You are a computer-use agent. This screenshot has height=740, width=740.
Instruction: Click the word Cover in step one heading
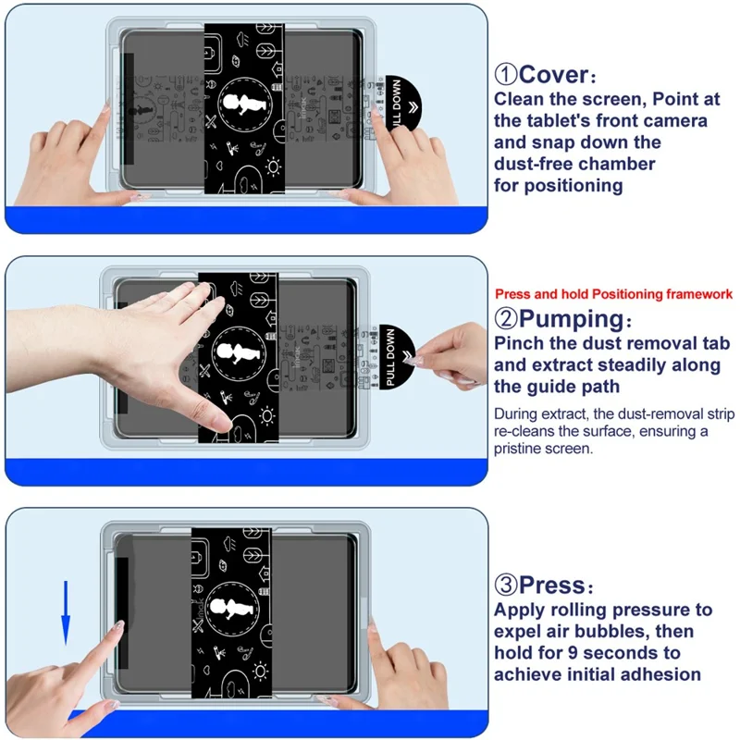pos(553,74)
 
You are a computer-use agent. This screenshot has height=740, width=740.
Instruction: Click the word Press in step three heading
pos(552,585)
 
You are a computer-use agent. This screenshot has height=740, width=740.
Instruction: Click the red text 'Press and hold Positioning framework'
pos(613,294)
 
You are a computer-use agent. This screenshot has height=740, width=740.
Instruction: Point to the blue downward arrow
pos(66,610)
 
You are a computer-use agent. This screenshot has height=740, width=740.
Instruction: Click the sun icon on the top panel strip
pos(274,167)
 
